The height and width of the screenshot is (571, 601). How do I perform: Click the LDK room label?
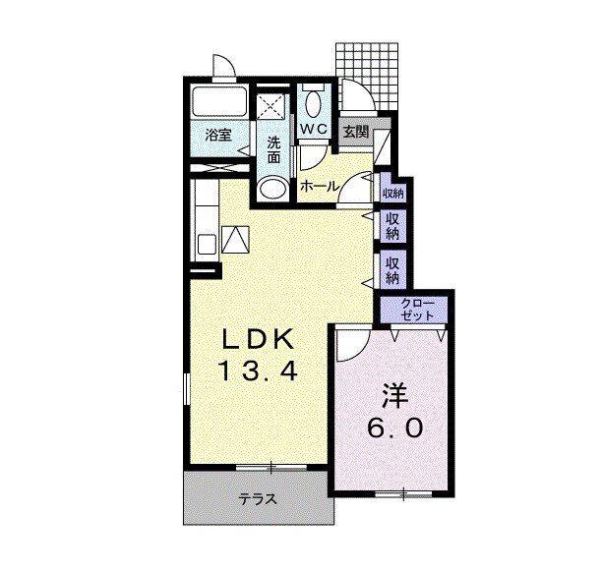pos(259,338)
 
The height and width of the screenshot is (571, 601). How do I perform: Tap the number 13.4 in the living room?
pos(258,371)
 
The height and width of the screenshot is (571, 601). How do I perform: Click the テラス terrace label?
pos(258,499)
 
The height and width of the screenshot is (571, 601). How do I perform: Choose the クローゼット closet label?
pos(417,310)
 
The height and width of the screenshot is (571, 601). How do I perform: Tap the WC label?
pos(313,129)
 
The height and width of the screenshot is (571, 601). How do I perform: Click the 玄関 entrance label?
pos(356,132)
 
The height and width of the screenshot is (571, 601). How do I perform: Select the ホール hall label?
pos(320,187)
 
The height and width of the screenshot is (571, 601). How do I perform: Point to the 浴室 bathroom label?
pos(218,136)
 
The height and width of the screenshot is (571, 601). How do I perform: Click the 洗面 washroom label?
pos(273,149)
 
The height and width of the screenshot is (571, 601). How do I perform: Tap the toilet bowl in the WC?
pos(314,102)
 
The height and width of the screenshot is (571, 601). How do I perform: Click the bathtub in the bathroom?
pos(219,102)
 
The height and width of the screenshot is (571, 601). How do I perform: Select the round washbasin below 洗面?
pos(272,189)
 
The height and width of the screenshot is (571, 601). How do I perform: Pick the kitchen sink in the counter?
pos(208,244)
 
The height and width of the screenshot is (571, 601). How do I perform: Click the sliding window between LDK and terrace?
pos(270,467)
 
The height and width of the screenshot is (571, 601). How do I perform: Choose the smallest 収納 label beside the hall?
pos(392,194)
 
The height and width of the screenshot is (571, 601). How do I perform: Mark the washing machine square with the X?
pos(270,106)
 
